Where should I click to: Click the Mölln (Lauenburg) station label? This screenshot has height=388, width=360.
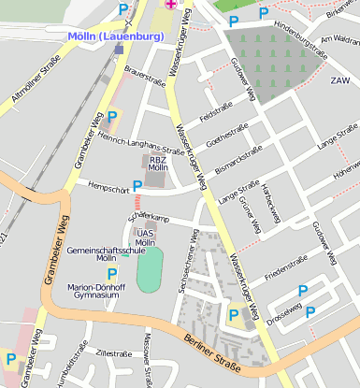pyautogui.click(x=115, y=36)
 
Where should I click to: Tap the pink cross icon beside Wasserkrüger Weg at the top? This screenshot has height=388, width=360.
pyautogui.click(x=170, y=4)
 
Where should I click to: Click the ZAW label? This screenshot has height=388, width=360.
pyautogui.click(x=339, y=80)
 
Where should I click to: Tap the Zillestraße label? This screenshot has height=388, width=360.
pyautogui.click(x=114, y=354)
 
